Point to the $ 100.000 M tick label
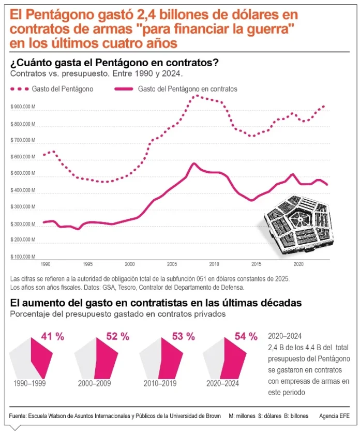pyautogui.click(x=22, y=256)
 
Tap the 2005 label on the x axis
pyautogui.click(x=172, y=263)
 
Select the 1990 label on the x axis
pyautogui.click(x=46, y=263)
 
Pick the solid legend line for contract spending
pyautogui.click(x=123, y=89)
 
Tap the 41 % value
pyautogui.click(x=52, y=337)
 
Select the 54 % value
pyautogui.click(x=246, y=337)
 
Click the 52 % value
pyautogui.click(x=117, y=337)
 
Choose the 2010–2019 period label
pyautogui.click(x=160, y=383)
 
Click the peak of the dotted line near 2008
pyautogui.click(x=196, y=96)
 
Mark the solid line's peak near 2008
pyautogui.click(x=194, y=164)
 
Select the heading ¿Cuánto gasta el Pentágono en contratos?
pyautogui.click(x=114, y=63)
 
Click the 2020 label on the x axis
pyautogui.click(x=298, y=263)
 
